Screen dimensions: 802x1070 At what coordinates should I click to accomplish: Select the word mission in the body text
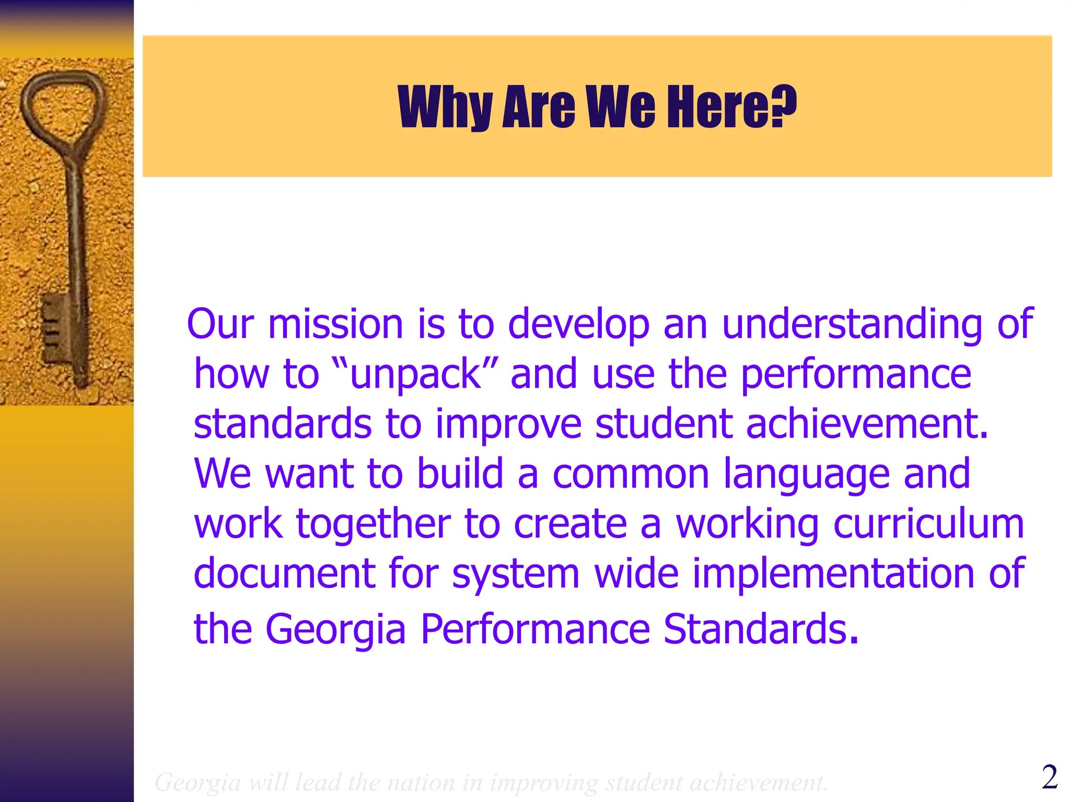335,324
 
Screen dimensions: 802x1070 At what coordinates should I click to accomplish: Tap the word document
284,573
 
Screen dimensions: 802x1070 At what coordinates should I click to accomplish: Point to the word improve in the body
508,424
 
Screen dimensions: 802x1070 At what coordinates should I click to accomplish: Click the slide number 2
1049,777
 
